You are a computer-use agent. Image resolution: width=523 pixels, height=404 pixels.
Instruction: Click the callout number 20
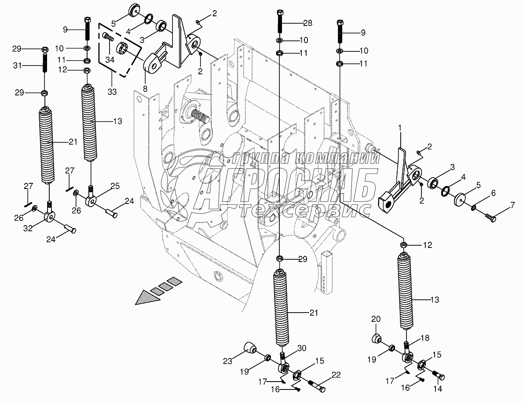coord(375,319)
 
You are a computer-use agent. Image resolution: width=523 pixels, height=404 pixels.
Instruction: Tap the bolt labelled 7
coord(492,216)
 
